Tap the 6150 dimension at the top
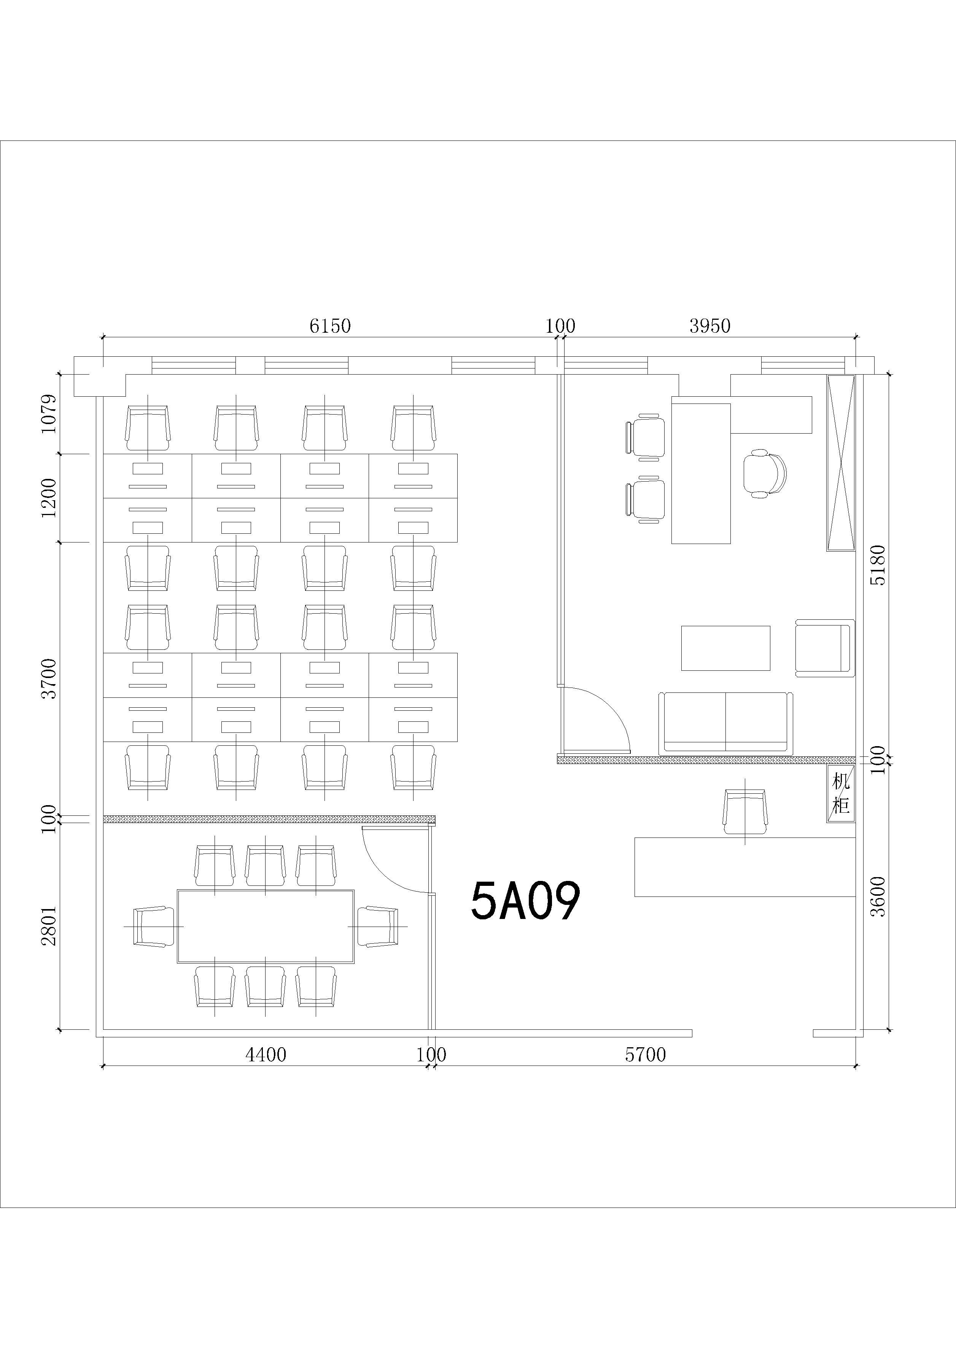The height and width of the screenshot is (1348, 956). tap(330, 325)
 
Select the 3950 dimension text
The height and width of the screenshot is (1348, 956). tap(710, 325)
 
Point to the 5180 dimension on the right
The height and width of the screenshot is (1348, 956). tap(878, 565)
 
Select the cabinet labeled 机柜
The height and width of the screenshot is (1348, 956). tap(841, 794)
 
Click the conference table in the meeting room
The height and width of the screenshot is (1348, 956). tap(266, 926)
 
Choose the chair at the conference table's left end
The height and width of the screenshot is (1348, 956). tap(154, 926)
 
